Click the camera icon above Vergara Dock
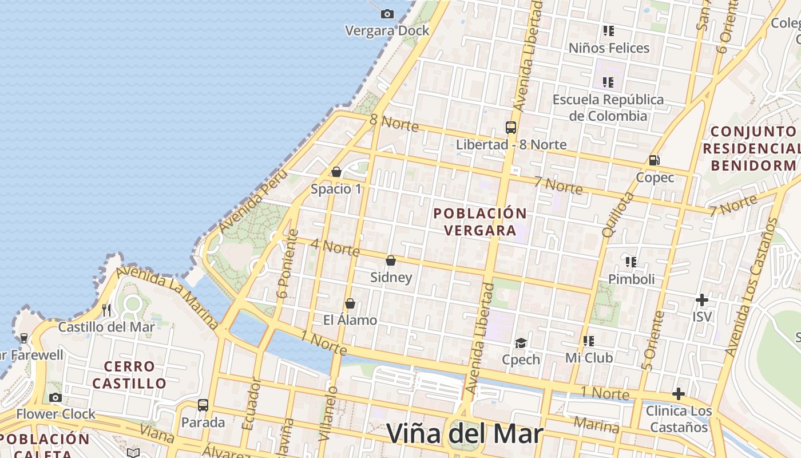click(387, 14)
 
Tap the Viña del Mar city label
click(464, 433)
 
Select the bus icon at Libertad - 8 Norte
click(511, 127)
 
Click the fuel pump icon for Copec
click(655, 160)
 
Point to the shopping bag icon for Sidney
click(391, 260)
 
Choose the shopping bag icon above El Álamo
click(350, 303)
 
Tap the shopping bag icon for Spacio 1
click(336, 172)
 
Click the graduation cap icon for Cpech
click(521, 342)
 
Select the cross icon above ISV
click(702, 299)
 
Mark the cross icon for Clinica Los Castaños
click(678, 394)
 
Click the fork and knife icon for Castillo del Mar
click(106, 310)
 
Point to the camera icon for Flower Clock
click(55, 397)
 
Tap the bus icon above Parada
click(203, 405)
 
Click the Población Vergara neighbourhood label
click(480, 222)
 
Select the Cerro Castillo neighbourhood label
click(129, 374)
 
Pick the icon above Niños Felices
click(608, 30)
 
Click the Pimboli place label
click(631, 279)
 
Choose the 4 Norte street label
click(335, 247)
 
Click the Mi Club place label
click(589, 358)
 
